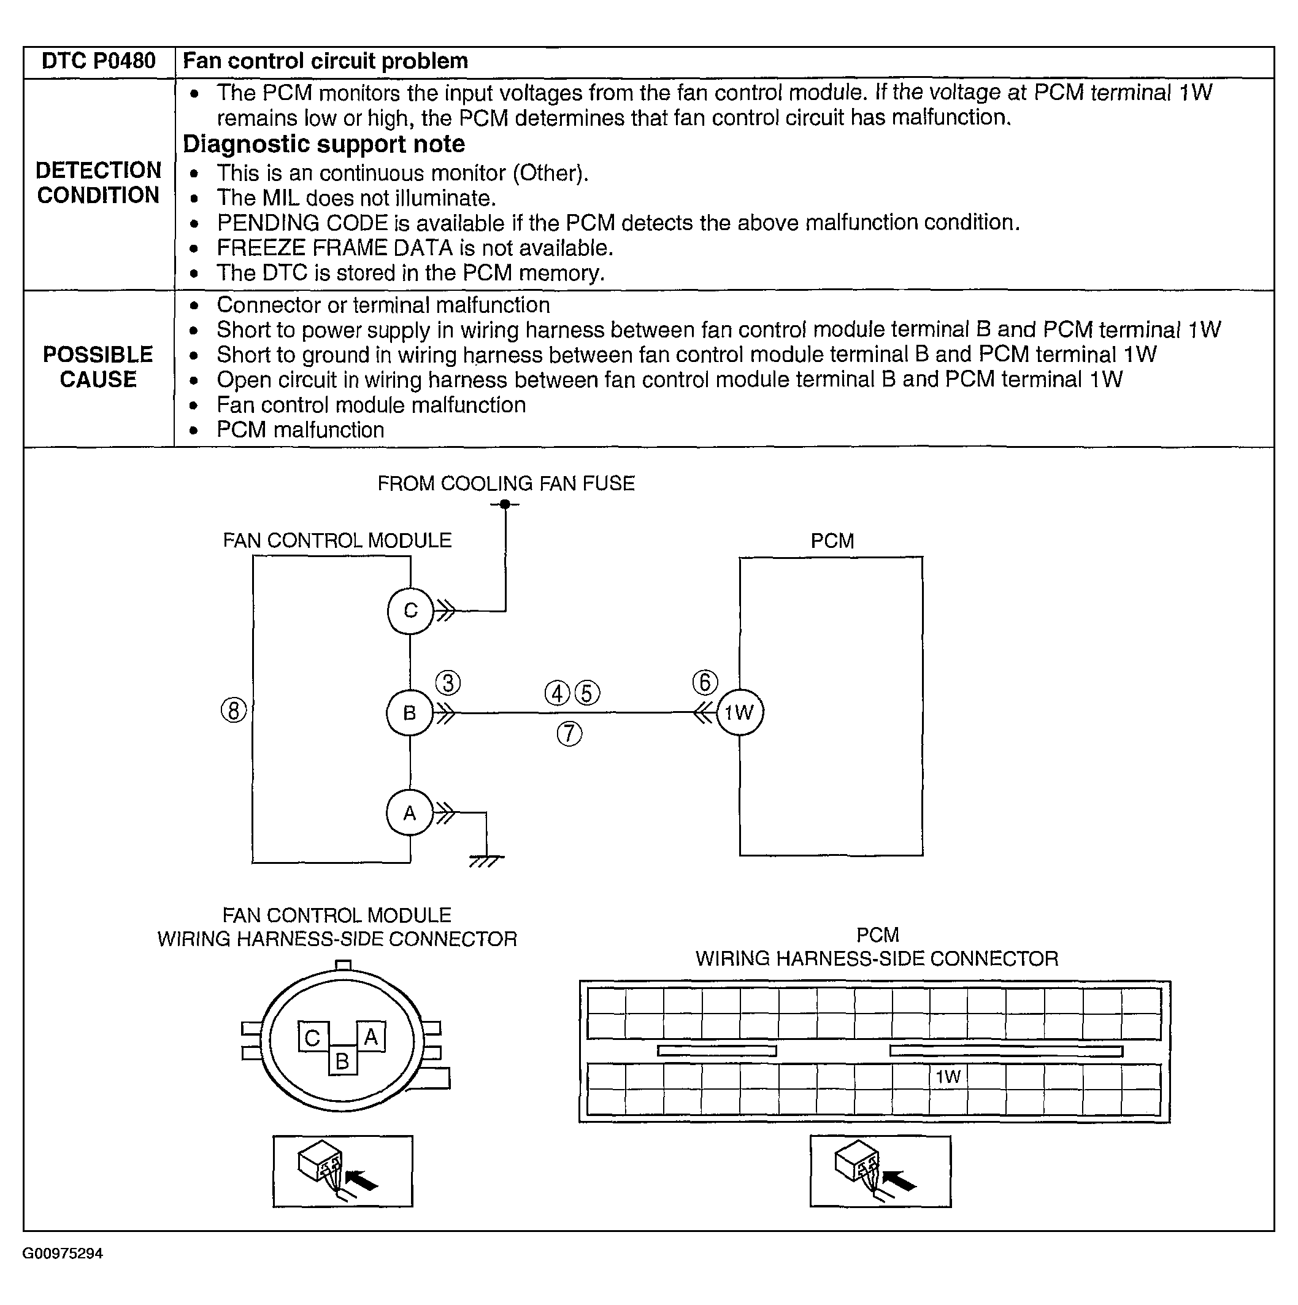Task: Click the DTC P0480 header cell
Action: pyautogui.click(x=99, y=61)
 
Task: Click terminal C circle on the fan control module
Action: pyautogui.click(x=410, y=610)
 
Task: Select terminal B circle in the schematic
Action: pyautogui.click(x=409, y=712)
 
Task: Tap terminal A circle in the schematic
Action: pyautogui.click(x=409, y=814)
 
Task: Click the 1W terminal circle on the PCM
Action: pyautogui.click(x=740, y=712)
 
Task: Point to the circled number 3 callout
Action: pyautogui.click(x=448, y=683)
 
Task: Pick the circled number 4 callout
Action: pyautogui.click(x=557, y=694)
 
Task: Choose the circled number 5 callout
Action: pyautogui.click(x=587, y=694)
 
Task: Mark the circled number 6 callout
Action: pyautogui.click(x=705, y=682)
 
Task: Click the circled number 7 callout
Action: pyautogui.click(x=569, y=734)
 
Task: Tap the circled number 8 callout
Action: pyautogui.click(x=234, y=710)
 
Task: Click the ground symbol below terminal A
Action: pyautogui.click(x=486, y=861)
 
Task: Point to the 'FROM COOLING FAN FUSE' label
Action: pyautogui.click(x=506, y=483)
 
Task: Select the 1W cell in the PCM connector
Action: pyautogui.click(x=948, y=1077)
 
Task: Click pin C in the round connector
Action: pyautogui.click(x=313, y=1038)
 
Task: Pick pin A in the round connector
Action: pyautogui.click(x=371, y=1037)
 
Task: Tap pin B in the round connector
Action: pyautogui.click(x=342, y=1061)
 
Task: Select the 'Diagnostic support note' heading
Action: pyautogui.click(x=324, y=145)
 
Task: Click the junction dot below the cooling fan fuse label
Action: pyautogui.click(x=505, y=504)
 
